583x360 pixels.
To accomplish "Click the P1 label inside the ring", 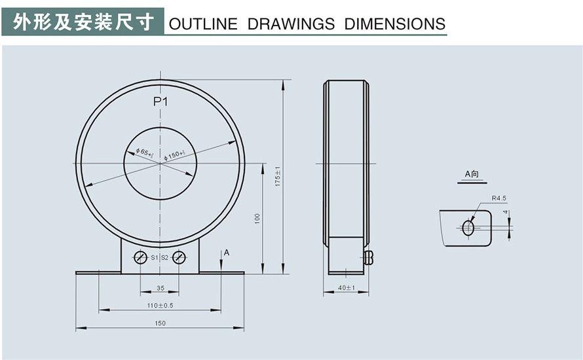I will pos(160,101).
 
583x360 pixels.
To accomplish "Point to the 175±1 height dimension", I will pos(278,175).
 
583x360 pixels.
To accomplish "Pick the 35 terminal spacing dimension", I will pos(160,288).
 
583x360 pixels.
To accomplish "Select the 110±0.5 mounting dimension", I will pos(160,305).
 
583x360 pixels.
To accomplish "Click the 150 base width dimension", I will pos(160,323).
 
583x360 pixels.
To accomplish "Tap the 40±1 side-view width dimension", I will pos(346,288).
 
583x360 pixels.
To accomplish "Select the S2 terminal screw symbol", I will pos(179,257).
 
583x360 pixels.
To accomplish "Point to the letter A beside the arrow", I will pos(227,252).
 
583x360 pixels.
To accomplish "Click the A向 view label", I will pos(472,174).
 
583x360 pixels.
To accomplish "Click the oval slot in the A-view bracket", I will pos(468,228).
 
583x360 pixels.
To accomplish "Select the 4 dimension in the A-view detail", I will pos(506,213).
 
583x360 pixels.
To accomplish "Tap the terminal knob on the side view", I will pos(368,257).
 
